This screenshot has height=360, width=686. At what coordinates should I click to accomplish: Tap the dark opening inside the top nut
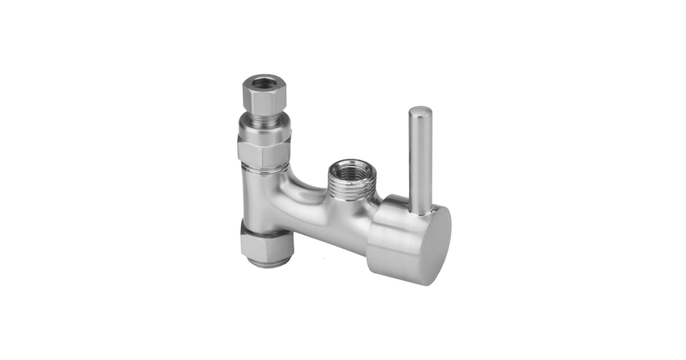coord(264,82)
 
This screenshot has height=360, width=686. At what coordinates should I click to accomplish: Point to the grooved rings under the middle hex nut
coord(264,169)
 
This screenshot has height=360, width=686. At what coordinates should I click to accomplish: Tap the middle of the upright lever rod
coord(420,160)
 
